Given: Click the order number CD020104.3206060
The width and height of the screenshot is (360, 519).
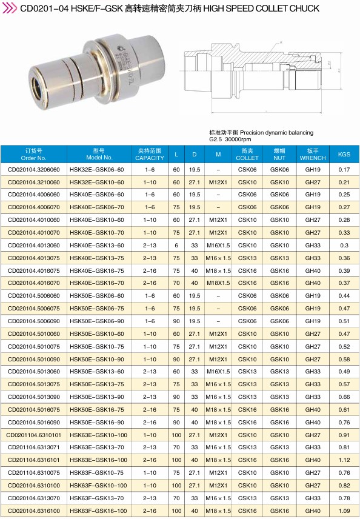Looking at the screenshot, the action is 34,170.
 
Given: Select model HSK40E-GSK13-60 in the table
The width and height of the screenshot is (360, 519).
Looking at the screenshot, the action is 96,246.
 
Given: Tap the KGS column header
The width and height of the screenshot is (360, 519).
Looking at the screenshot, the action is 344,154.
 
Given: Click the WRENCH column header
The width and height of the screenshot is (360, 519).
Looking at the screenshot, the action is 313,154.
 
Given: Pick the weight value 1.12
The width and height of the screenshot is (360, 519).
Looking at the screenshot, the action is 344,460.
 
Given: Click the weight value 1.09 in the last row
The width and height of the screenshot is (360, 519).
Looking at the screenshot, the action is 344,511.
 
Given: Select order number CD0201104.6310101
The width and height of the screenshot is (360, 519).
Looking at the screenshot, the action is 34,435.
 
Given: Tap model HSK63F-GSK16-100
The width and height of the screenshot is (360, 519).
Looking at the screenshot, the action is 98,511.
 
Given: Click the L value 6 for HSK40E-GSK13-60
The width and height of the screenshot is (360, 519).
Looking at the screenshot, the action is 176,246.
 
